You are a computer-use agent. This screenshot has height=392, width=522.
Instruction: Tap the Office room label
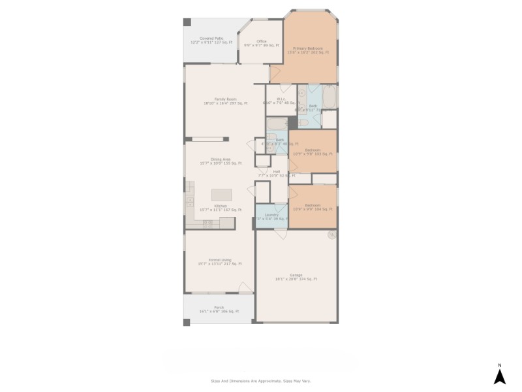tap(261, 43)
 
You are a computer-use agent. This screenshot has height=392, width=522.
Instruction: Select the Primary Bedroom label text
tap(311, 50)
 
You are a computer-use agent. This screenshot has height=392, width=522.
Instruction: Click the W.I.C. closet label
tap(277, 101)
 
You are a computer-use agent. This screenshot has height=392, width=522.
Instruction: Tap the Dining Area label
tap(221, 161)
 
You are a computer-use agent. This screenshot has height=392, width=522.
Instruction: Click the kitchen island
tap(222, 195)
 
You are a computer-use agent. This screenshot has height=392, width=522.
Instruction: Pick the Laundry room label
tap(271, 216)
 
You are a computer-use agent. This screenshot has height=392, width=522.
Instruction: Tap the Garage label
tap(296, 278)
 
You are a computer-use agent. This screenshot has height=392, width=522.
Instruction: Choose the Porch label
tap(219, 309)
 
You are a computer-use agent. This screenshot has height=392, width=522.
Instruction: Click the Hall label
tap(277, 174)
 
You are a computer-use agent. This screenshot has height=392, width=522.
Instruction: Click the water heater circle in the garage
tap(331, 234)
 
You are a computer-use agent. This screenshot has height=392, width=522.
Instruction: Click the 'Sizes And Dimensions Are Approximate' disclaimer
tap(261, 380)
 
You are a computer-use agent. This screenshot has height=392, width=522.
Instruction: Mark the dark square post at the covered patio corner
tap(187, 22)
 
